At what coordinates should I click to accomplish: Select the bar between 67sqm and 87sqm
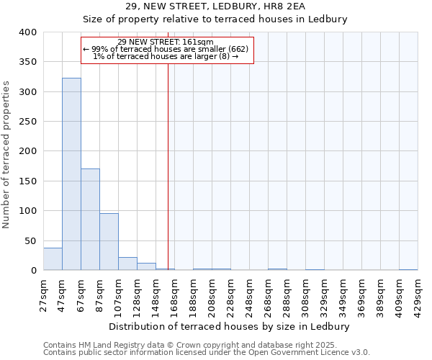pos(90,220)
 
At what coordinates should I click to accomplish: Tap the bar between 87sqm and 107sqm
pos(109,242)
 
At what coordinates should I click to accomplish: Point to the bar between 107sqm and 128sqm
pos(127,264)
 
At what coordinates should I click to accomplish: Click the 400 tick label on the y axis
pos(28,32)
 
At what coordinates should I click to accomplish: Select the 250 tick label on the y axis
pos(28,122)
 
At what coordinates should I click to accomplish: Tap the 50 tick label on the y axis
pos(31,240)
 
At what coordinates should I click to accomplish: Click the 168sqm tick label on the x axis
pos(174,295)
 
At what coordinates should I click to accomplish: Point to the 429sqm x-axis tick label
pos(418,295)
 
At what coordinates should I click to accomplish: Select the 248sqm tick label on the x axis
pos(249,295)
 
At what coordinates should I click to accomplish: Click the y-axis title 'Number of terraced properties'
pos(6,155)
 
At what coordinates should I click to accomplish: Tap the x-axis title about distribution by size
pos(230,326)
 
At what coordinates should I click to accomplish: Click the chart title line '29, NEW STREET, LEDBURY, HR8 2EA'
pos(216,6)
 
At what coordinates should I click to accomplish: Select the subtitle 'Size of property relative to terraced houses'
pos(216,19)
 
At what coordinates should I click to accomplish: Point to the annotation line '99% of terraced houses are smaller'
pos(166,49)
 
